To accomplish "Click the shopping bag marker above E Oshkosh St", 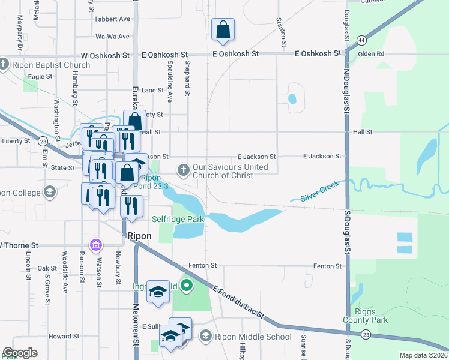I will click(223, 30).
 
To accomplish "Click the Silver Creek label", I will click(320, 190).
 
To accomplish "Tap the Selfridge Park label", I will click(178, 219).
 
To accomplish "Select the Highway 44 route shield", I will click(361, 40).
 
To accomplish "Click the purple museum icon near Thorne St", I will click(95, 245).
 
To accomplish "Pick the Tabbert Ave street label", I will click(113, 19).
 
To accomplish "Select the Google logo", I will click(21, 353).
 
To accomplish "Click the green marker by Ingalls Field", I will click(186, 286).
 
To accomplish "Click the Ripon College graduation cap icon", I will click(50, 193).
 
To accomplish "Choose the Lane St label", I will click(152, 90).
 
